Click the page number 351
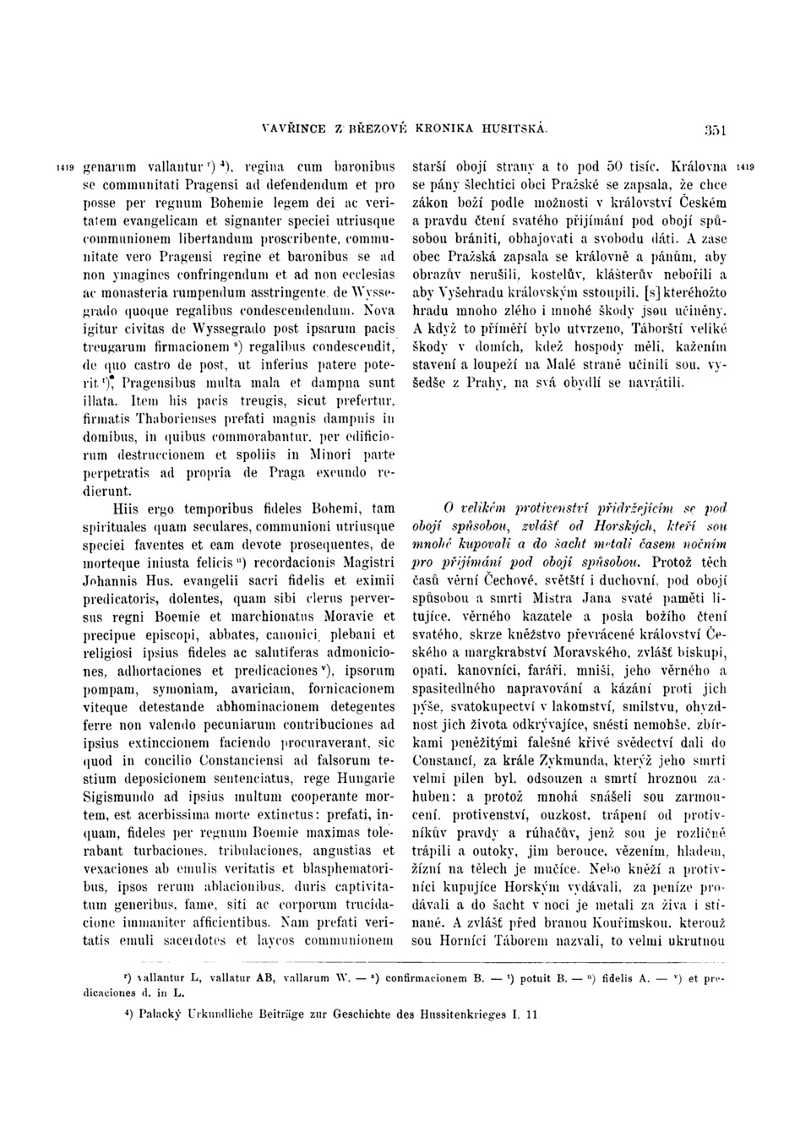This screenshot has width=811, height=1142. pyautogui.click(x=717, y=130)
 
